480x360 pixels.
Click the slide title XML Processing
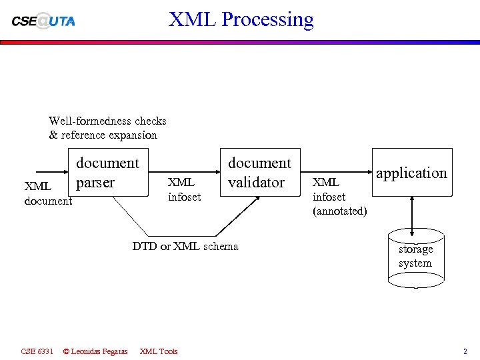241,19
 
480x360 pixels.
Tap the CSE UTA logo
43,21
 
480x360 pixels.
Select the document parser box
107,173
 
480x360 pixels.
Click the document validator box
259,173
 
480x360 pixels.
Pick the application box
411,173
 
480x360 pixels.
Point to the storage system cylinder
415,257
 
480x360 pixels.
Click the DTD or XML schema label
185,246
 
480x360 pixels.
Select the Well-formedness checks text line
107,121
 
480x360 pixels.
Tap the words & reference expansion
103,135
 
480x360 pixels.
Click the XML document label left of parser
47,193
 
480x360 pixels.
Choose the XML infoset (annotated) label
339,197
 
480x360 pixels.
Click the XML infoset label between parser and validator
184,189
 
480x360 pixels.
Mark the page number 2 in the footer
465,351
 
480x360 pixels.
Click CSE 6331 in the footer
37,351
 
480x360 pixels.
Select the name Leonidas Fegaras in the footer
99,351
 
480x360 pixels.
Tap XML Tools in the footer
159,351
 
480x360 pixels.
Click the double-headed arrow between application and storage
413,215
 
